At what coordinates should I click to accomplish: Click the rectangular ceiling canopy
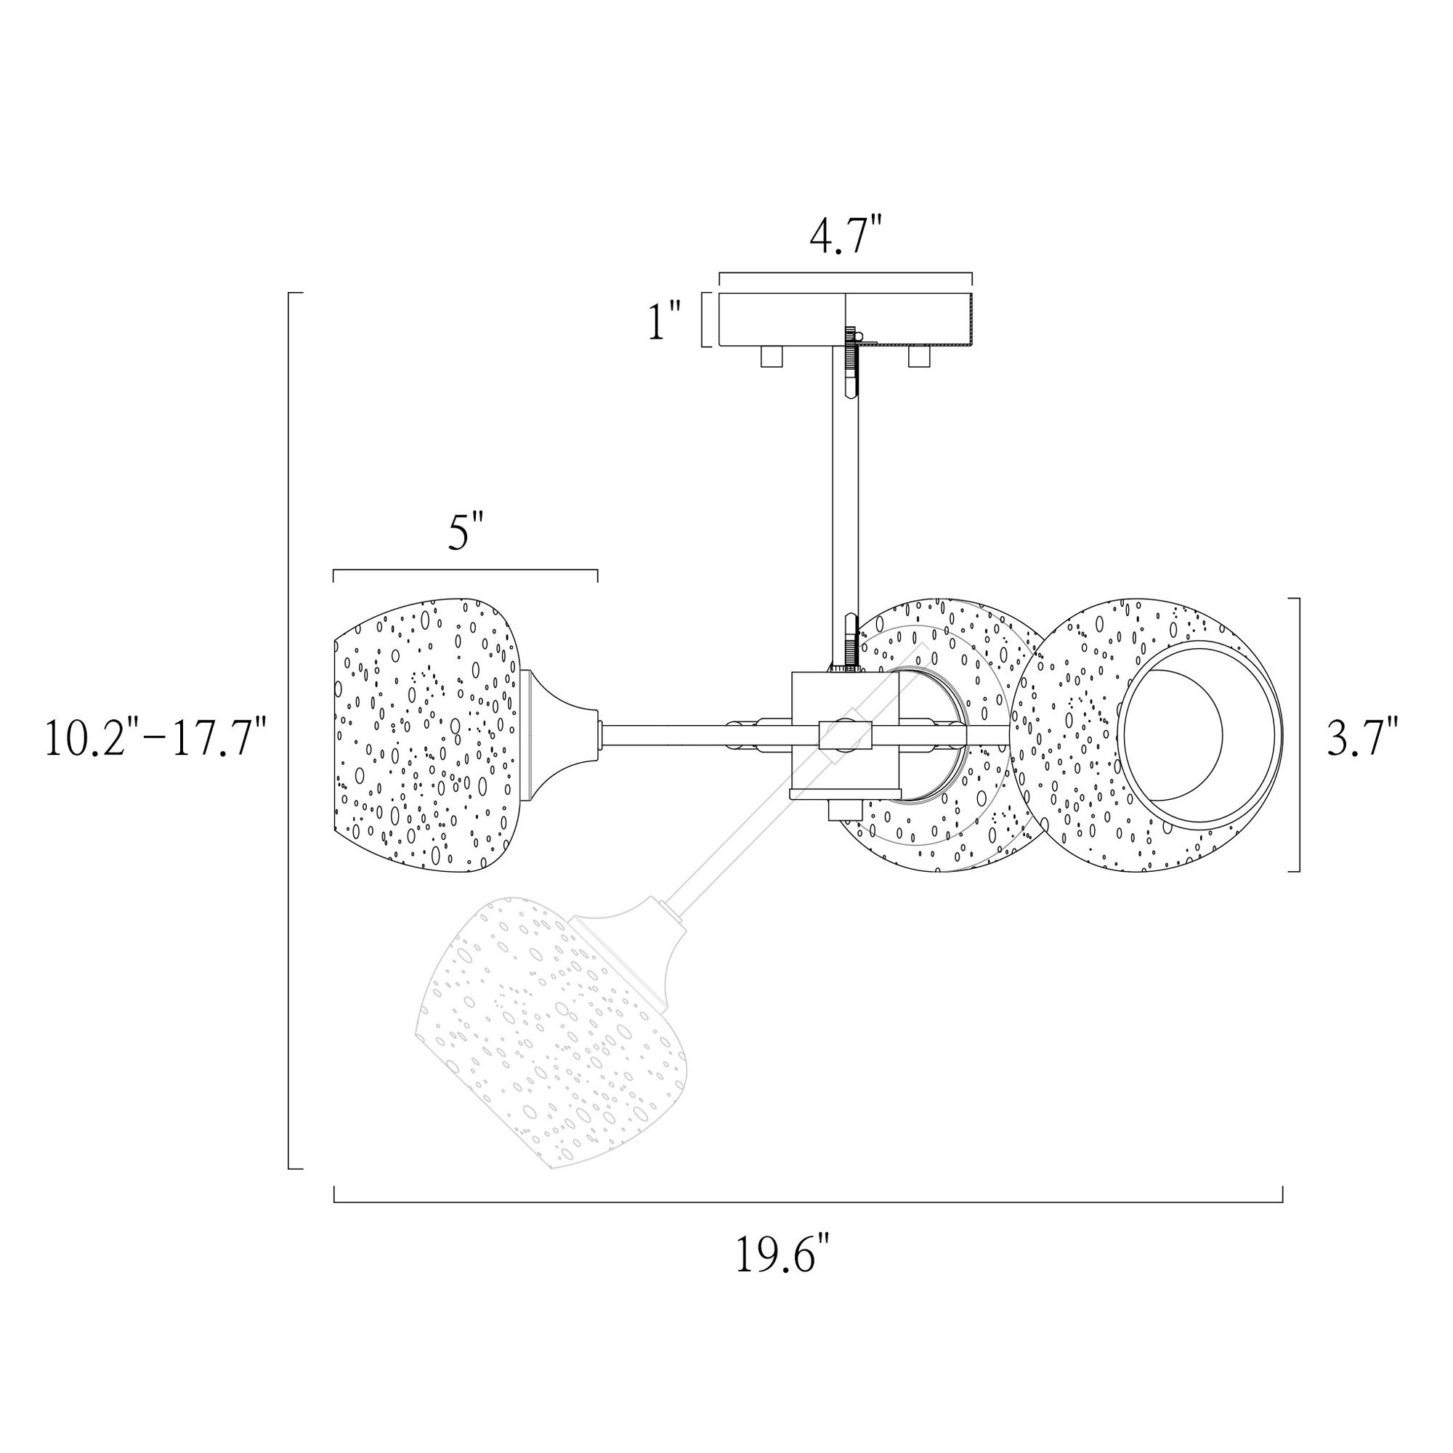pos(846,319)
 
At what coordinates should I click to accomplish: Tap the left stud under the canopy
pos(772,357)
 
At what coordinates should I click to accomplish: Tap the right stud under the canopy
pos(919,357)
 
